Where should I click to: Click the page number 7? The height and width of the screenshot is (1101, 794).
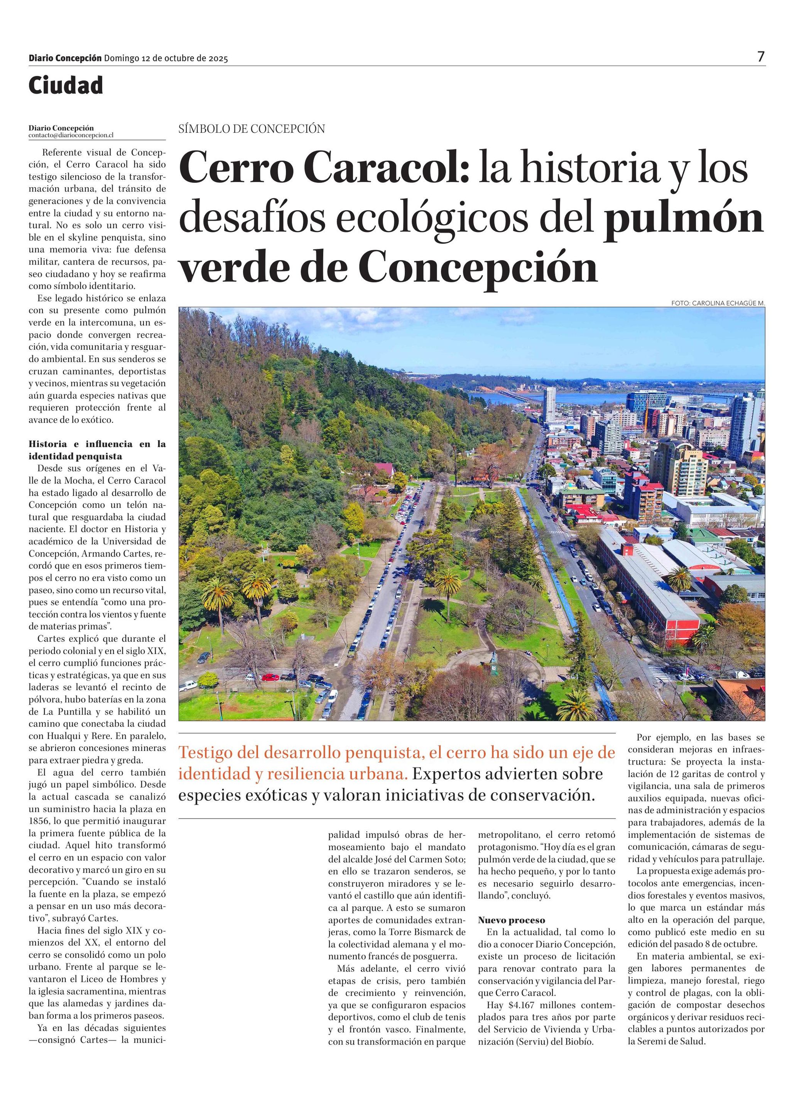coord(761,57)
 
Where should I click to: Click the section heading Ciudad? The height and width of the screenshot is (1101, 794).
coord(66,86)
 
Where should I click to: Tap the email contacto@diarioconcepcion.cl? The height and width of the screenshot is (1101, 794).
coord(71,136)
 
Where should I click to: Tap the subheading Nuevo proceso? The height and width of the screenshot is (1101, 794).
coord(512,920)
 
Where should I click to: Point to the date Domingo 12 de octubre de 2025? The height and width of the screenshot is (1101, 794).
coord(166,59)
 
